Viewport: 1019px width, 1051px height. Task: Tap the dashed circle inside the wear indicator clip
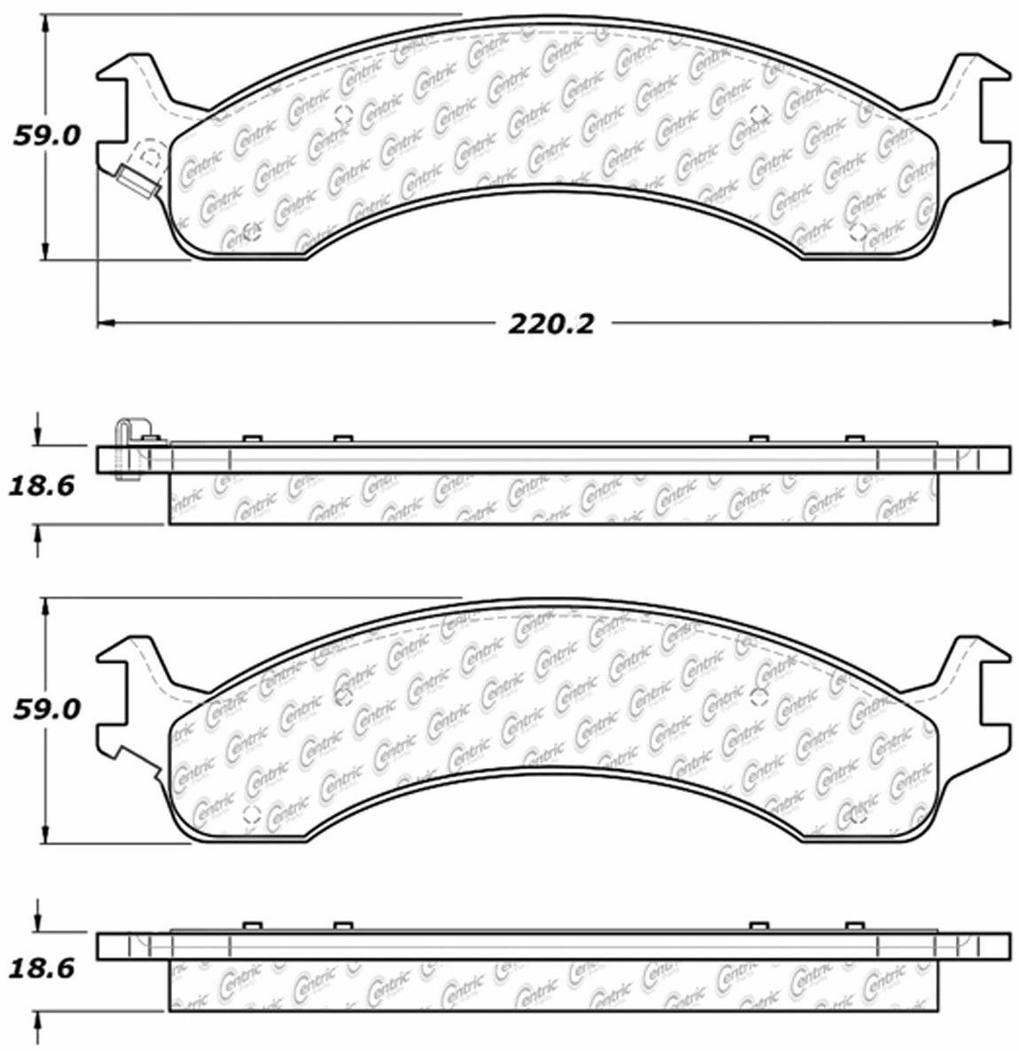(152, 157)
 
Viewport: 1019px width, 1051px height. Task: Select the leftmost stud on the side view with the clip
(250, 440)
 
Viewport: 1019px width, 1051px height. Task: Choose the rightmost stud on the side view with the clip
(854, 440)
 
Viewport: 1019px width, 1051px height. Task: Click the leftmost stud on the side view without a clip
(250, 927)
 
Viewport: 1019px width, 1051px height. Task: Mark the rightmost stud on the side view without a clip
(854, 927)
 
